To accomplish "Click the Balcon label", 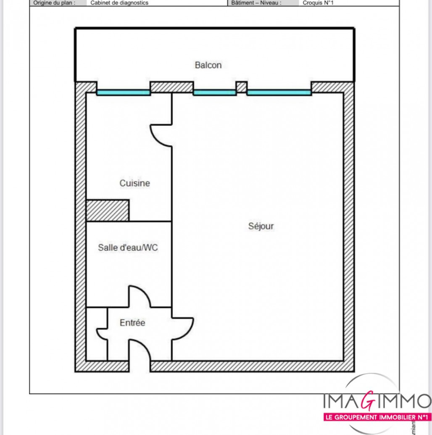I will click(x=208, y=65).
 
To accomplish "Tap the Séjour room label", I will click(x=261, y=226).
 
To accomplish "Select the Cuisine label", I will click(x=134, y=183).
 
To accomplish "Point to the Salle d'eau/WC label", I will click(x=128, y=248).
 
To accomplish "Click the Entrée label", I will click(x=132, y=323).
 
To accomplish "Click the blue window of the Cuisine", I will click(x=123, y=92).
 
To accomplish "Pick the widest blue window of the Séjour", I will click(x=279, y=92).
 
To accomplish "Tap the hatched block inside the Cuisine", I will click(x=107, y=210).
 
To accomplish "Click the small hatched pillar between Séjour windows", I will click(x=241, y=87).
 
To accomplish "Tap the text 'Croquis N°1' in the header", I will click(x=319, y=3).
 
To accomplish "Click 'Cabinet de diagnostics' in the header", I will click(x=119, y=3).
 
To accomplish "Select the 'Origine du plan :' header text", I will click(x=54, y=3).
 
